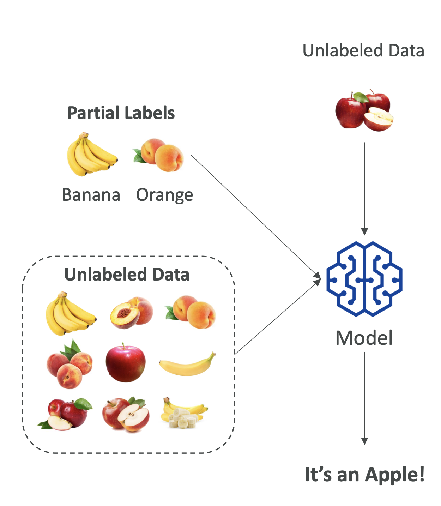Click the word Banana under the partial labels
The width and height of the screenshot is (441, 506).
pos(91,195)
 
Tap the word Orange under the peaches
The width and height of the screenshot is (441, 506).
pos(164,195)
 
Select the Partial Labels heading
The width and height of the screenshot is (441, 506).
pos(121,113)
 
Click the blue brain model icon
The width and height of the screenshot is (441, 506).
pos(364,279)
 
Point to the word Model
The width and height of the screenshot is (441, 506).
pos(364,338)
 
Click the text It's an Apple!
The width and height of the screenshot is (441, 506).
pos(364,474)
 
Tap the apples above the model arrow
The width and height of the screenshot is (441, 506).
pos(364,110)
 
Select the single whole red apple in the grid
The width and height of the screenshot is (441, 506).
pos(126,363)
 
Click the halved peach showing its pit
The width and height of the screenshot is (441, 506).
pos(131,313)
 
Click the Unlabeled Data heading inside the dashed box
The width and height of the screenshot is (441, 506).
pos(127,275)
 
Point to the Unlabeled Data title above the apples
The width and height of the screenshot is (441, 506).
pos(363,50)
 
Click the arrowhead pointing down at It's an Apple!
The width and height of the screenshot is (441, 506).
pos(364,441)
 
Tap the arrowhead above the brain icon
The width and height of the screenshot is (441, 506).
pos(364,231)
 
